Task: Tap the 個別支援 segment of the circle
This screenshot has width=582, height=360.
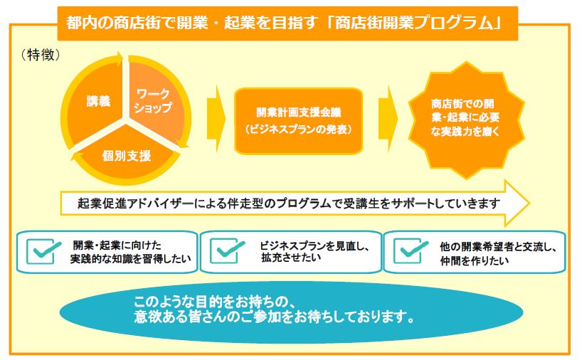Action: [x=126, y=154]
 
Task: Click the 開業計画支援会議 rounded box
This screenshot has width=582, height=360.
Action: [x=298, y=121]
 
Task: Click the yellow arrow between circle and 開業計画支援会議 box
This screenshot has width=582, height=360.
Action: [x=216, y=119]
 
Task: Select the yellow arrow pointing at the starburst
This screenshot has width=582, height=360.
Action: [x=388, y=119]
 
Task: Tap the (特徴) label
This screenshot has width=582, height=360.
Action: [x=41, y=55]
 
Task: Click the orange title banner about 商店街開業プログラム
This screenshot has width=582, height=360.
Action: [x=287, y=23]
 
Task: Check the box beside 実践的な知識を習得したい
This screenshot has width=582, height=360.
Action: [x=44, y=251]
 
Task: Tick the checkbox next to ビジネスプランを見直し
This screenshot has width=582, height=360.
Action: [x=227, y=251]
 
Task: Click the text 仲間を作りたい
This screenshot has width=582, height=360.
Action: [x=475, y=260]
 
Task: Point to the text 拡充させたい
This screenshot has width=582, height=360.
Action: [x=291, y=258]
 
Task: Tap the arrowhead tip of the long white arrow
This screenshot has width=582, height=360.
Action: [x=529, y=203]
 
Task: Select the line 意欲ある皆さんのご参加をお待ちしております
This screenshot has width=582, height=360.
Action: [x=274, y=317]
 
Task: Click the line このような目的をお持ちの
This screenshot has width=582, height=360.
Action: [x=215, y=302]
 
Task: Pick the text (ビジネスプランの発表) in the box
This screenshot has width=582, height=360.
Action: [x=298, y=129]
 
